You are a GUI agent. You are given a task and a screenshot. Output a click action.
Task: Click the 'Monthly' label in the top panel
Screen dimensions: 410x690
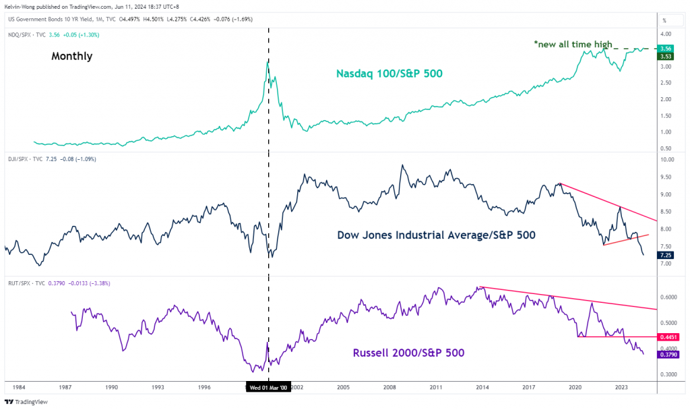click(71, 57)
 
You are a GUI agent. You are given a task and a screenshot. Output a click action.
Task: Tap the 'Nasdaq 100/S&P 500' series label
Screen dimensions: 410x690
click(390, 73)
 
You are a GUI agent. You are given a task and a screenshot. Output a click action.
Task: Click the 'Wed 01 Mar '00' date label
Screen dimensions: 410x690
click(269, 388)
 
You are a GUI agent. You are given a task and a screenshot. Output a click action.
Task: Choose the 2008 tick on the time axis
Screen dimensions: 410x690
click(389, 388)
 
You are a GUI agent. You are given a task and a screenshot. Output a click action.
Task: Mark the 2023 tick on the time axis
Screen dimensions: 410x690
click(622, 388)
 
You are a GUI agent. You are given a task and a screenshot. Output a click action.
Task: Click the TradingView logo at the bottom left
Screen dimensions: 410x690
click(30, 401)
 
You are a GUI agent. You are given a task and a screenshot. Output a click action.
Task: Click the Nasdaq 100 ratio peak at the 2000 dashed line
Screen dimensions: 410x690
click(268, 63)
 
